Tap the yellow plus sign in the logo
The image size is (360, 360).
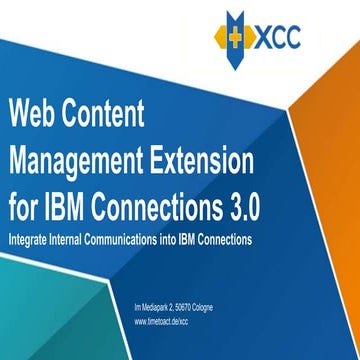(238, 43)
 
